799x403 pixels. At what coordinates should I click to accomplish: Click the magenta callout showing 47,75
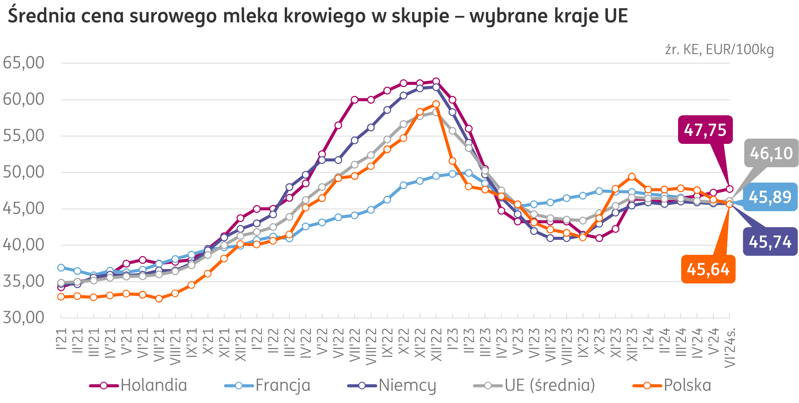(x=705, y=130)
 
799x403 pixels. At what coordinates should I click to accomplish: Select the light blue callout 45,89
(x=770, y=197)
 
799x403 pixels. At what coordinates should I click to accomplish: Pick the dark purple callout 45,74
(x=770, y=242)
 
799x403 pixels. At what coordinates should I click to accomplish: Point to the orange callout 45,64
(x=708, y=269)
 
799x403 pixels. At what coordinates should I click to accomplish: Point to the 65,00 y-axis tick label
(x=24, y=63)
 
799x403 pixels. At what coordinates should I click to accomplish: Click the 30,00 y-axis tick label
(x=24, y=318)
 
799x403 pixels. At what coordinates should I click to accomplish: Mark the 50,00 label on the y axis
(x=24, y=172)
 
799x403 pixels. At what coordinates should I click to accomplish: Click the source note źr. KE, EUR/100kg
(x=719, y=49)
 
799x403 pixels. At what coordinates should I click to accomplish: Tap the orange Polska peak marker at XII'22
(x=436, y=104)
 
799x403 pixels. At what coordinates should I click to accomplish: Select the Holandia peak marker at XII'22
(x=436, y=81)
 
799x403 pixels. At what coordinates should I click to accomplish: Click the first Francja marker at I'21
(x=61, y=267)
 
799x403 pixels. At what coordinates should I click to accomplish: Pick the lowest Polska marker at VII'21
(x=159, y=298)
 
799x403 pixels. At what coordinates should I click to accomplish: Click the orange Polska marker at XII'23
(x=632, y=177)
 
